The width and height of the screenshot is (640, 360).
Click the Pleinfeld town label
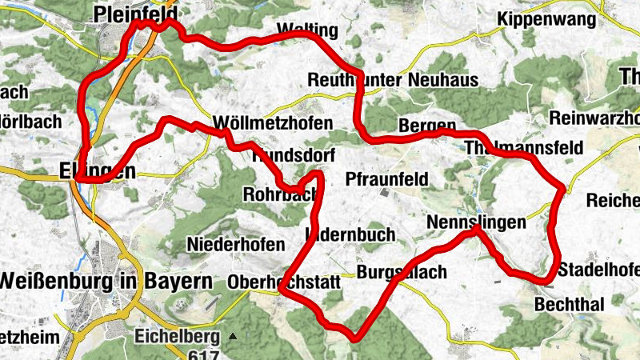pos(134,13)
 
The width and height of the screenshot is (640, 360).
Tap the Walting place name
pos(307,31)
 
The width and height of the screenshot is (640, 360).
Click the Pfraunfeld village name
pos(387,178)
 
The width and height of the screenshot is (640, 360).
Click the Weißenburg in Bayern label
pos(107,282)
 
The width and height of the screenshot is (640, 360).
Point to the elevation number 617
pos(194,353)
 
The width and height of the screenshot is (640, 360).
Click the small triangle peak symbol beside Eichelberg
pos(233,336)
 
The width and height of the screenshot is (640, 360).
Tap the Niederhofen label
pos(235,244)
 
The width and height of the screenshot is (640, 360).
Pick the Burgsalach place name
pos(402,273)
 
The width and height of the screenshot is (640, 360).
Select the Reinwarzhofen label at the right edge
pos(595,118)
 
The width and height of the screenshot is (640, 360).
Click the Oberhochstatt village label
pos(284,282)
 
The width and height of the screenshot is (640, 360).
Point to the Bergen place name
pos(426,126)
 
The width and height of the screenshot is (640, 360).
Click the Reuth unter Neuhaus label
pos(393,80)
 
